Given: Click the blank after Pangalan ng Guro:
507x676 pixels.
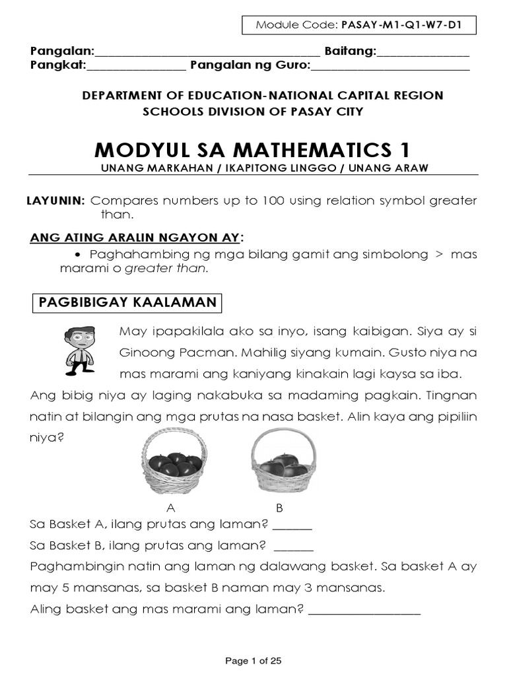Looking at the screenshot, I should (x=390, y=66).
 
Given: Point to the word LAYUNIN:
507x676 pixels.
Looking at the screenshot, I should (x=56, y=201).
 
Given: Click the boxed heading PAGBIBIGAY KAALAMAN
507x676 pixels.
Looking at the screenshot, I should (x=127, y=302).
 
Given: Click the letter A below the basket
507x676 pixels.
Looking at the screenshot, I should (x=172, y=508).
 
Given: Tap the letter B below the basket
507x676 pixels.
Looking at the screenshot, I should (x=279, y=508).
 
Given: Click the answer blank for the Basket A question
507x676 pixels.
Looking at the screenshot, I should (x=292, y=526).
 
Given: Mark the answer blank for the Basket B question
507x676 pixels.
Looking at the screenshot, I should (x=293, y=547).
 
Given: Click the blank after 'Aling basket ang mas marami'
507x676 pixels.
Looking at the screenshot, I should (x=364, y=609).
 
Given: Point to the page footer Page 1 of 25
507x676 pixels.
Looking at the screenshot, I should (x=253, y=661).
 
